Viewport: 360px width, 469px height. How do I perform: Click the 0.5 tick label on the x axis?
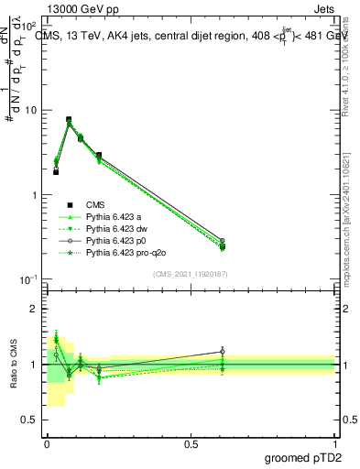(191, 442)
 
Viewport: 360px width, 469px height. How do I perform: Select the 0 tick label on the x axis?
(47, 442)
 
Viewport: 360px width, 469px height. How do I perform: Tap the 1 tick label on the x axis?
(334, 442)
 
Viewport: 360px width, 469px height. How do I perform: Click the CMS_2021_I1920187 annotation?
(191, 274)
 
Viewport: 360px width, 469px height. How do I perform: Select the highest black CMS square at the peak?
(69, 119)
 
